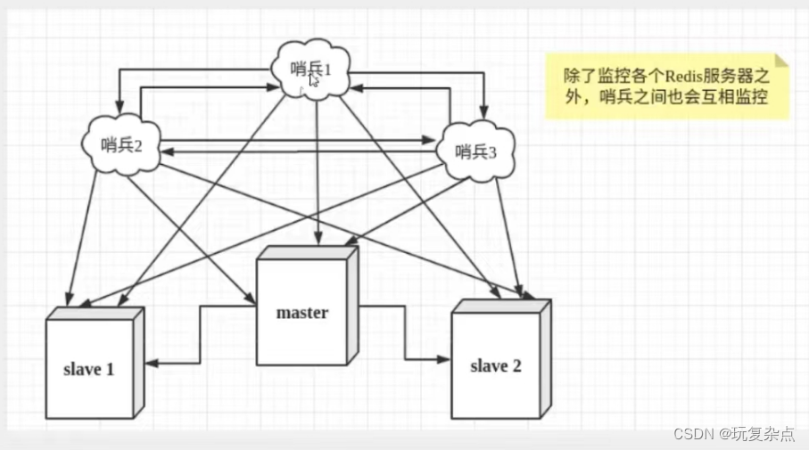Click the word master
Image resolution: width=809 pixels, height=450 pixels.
tap(302, 313)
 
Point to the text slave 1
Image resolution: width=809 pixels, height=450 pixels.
tap(87, 369)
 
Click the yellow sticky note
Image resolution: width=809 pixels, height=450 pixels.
tap(667, 86)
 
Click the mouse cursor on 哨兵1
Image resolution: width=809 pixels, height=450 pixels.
tap(314, 79)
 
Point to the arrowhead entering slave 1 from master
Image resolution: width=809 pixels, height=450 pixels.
tap(150, 364)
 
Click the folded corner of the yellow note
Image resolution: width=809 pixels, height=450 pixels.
tap(781, 61)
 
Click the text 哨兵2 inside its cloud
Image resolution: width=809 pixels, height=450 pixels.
tap(122, 145)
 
